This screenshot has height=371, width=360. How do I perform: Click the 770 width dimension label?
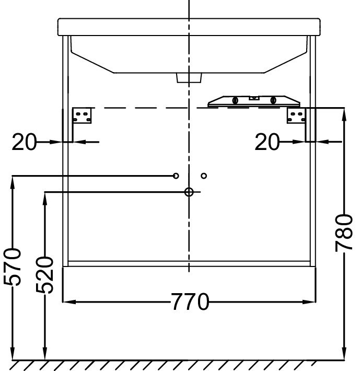pos(190,302)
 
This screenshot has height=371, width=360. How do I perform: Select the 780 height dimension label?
pos(345,232)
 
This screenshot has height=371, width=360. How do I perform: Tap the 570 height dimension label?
pos(13,266)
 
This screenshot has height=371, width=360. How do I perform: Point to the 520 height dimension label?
pos(45,275)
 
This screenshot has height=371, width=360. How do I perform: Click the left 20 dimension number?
pos(24,142)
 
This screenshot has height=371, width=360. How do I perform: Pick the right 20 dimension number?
pos(267,142)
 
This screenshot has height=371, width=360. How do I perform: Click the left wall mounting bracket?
pos(82,115)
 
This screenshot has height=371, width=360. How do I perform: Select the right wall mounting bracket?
pos(295,115)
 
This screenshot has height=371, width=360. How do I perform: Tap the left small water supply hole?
pos(176,176)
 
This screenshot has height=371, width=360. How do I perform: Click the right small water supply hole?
pos(204,176)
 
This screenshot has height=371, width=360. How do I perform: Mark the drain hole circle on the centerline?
pos(189,192)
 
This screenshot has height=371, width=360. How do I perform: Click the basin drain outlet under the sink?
pos(189,78)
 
